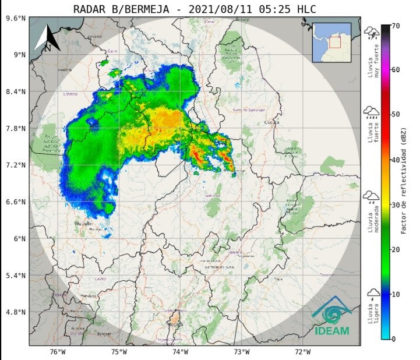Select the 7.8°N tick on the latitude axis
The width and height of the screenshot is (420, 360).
coord(16,128)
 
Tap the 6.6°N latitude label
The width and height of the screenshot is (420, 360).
coord(16,202)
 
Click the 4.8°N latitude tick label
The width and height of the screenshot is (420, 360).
coord(16,312)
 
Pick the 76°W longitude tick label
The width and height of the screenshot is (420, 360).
coord(57,351)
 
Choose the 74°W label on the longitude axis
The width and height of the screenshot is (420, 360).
coord(181,351)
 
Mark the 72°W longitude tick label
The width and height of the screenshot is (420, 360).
coord(303,351)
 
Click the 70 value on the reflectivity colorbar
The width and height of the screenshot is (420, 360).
coord(394,26)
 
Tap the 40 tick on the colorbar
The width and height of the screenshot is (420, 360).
coord(394,160)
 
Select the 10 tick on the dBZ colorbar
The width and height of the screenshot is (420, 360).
coord(394,294)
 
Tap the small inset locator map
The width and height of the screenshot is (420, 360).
coord(331,42)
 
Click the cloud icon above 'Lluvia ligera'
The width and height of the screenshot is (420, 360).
coord(370,295)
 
